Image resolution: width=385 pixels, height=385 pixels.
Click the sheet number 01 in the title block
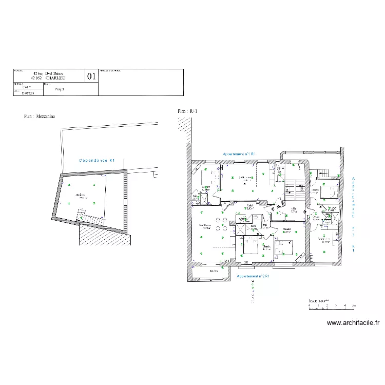pos(92,76)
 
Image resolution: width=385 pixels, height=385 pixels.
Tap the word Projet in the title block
pos(59,89)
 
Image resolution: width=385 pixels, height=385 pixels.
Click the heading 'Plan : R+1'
pos(187,111)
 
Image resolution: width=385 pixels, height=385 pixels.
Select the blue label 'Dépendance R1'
pos(97,160)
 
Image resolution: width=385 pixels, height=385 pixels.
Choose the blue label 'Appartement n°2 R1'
pos(253,276)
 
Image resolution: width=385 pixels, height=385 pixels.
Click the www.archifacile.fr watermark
pos(353,323)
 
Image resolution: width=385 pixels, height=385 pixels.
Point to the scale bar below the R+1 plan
pos(331,306)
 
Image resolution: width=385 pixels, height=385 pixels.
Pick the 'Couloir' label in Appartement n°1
pos(250,206)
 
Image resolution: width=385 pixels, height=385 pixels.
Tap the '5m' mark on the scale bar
pos(354,305)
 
